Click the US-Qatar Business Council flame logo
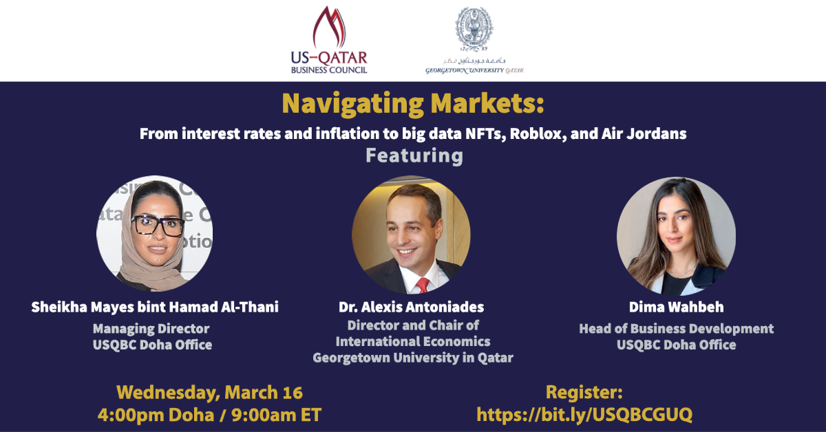329,28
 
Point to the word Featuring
414,156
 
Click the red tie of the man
423,285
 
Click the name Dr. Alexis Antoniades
411,307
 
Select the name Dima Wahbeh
676,307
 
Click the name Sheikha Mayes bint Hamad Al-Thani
155,307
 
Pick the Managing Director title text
151,328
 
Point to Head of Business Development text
676,328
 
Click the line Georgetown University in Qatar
413,358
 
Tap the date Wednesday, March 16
209,393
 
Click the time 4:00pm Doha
156,415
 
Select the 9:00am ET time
276,415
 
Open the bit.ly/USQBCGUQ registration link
584,415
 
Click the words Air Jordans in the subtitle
644,134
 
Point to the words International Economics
413,341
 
